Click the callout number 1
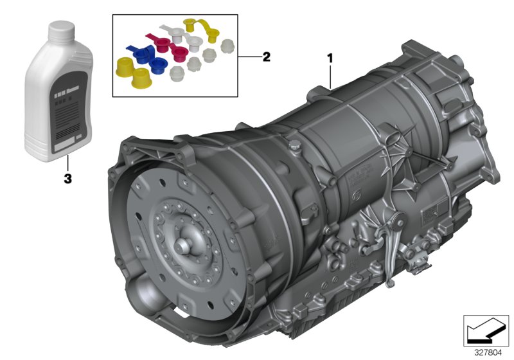tap(330, 58)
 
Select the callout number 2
tap(265, 57)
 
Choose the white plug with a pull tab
tap(174, 32)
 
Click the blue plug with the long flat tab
tap(139, 52)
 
